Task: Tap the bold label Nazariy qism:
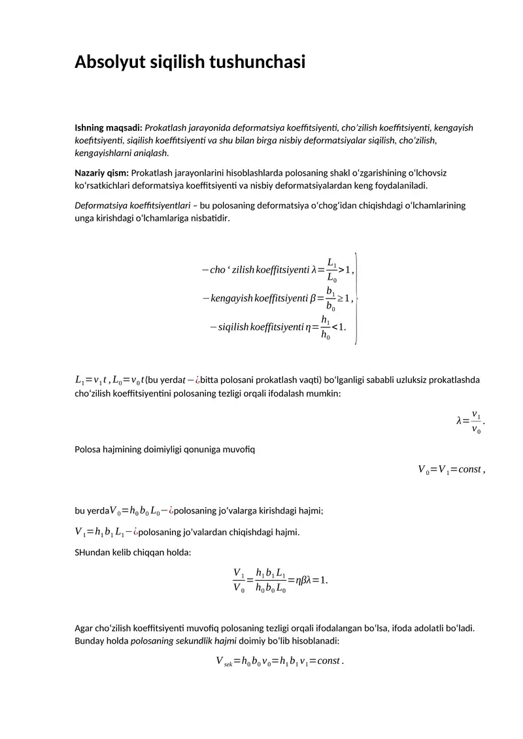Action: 102,172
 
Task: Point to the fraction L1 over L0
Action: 332,270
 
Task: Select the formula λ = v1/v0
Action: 471,421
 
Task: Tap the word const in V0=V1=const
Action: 469,469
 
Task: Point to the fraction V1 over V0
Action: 239,580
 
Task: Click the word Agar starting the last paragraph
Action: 84,628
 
